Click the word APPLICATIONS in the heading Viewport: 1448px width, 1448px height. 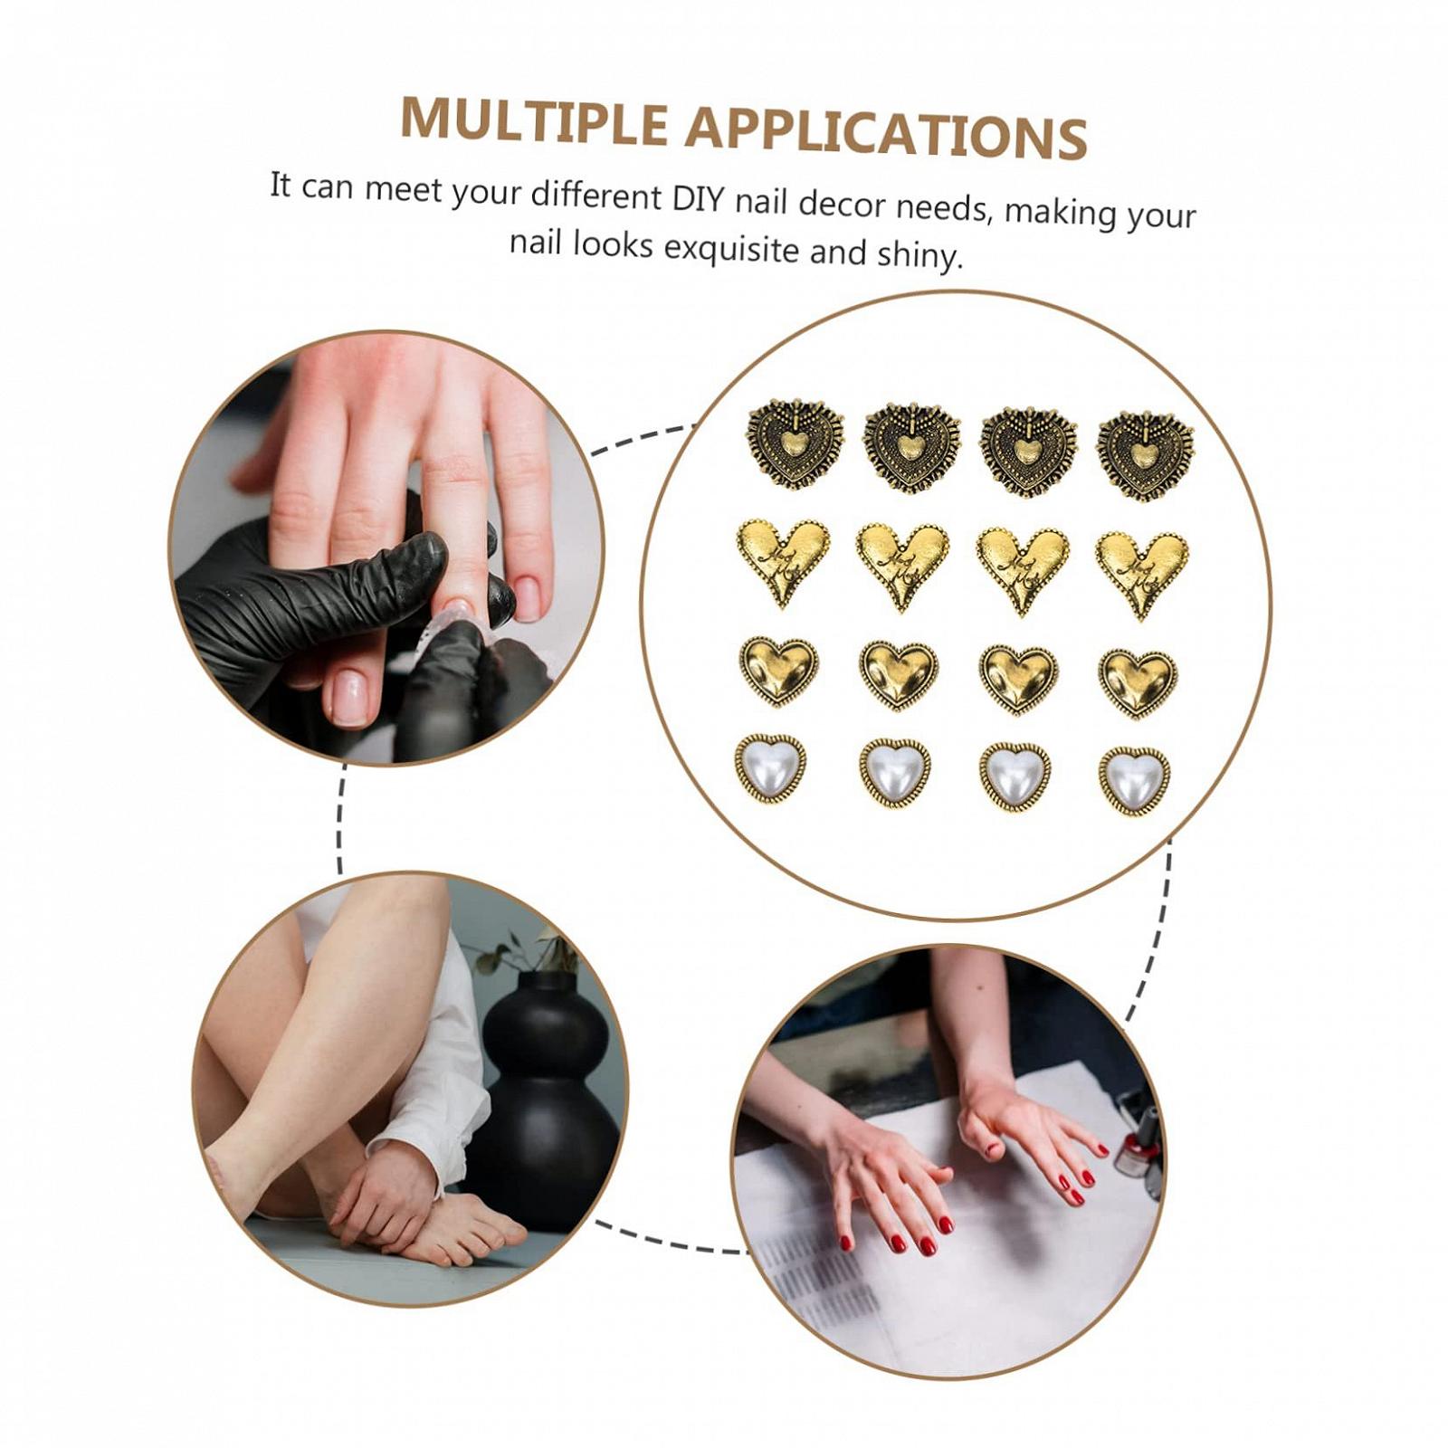click(886, 131)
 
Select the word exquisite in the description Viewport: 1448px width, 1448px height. click(732, 248)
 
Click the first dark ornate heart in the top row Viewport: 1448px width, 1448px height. click(795, 443)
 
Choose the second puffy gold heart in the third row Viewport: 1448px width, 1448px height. click(898, 675)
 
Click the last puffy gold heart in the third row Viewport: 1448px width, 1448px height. click(1138, 682)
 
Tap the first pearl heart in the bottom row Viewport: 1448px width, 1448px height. click(770, 768)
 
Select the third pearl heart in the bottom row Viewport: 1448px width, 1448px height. click(1015, 776)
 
